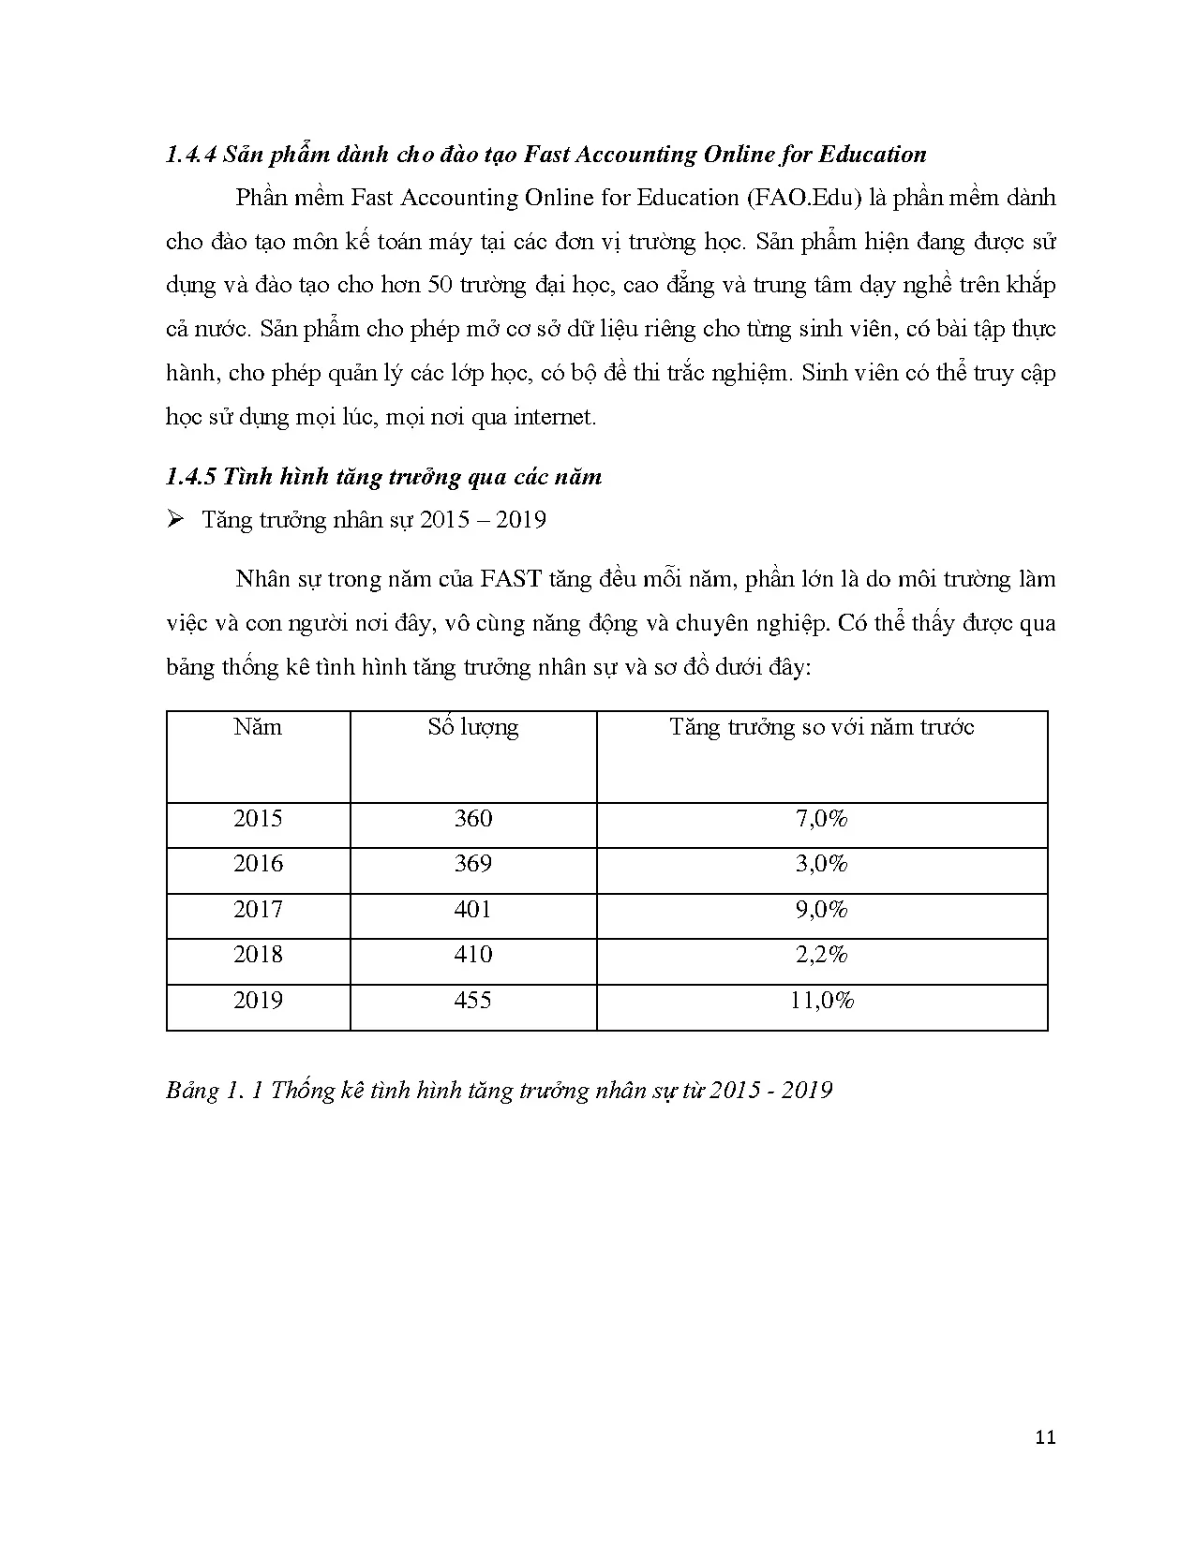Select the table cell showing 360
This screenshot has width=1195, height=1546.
pos(472,819)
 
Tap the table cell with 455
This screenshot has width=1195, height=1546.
pos(472,1001)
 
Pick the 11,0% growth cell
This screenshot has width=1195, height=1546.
pos(821,1001)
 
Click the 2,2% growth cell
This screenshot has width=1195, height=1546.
pos(821,955)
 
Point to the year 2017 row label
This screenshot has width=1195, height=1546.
pos(258,910)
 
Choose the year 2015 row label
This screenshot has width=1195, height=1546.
pos(258,819)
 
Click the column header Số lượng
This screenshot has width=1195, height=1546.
pos(472,728)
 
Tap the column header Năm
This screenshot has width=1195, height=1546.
pos(258,728)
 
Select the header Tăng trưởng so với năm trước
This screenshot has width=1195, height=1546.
pos(821,728)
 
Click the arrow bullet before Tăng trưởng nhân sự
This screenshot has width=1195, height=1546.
pos(174,520)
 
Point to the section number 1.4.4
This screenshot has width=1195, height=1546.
pos(191,156)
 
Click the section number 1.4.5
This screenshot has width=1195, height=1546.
pos(191,477)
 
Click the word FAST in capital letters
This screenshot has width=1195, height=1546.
pos(511,579)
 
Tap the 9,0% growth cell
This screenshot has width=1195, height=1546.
pos(821,910)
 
